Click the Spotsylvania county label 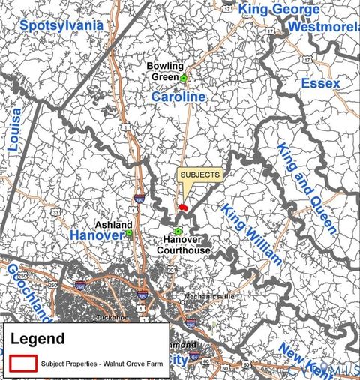coord(61,25)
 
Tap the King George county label coord(278,10)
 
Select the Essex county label coord(320,83)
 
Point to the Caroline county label coord(178,97)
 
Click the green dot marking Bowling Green coord(183,78)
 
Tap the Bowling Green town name coord(165,71)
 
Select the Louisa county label coord(14,129)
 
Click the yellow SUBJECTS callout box coord(200,175)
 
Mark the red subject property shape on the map coord(183,206)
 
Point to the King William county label coord(252,235)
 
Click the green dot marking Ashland coord(129,233)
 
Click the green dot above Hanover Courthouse coord(178,231)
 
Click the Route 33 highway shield coord(55,213)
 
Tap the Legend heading coord(37,338)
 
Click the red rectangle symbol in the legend coord(23,362)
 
